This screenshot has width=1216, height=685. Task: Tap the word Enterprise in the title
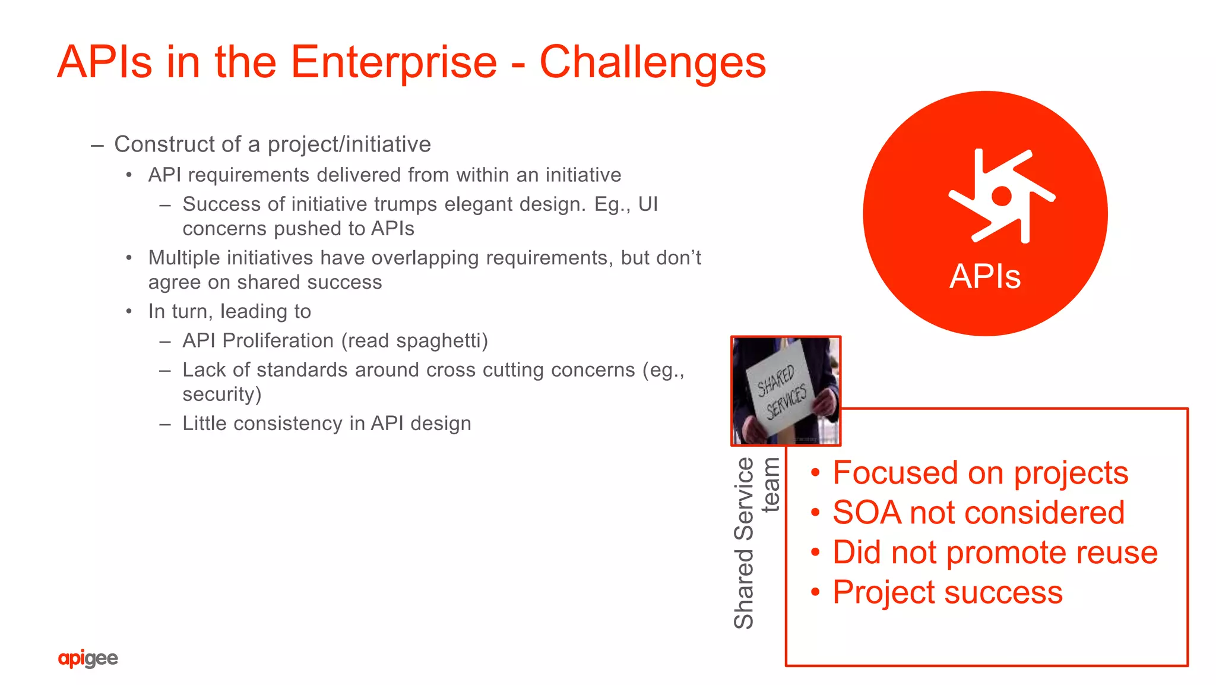[393, 62]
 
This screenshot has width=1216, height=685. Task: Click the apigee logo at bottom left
[88, 658]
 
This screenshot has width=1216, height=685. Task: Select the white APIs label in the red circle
[985, 277]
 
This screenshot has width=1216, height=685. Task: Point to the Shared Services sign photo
[786, 391]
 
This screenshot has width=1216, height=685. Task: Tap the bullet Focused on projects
[980, 473]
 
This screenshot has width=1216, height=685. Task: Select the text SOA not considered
[978, 513]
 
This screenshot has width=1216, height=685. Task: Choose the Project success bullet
[947, 592]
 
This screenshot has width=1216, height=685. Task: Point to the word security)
[222, 394]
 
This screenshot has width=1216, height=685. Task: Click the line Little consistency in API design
[327, 424]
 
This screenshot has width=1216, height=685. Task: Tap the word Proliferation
[278, 341]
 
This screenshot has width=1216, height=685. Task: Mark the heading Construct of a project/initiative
[272, 144]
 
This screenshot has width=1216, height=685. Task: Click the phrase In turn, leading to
[229, 311]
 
